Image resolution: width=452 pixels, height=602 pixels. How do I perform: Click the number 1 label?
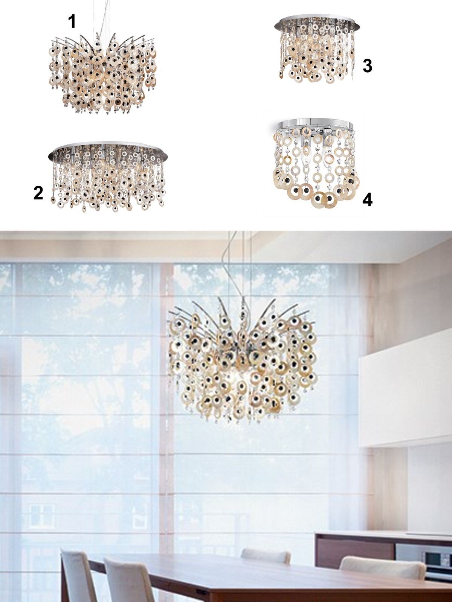pos(72,22)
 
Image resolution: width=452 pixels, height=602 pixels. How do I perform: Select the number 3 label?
pos(367,66)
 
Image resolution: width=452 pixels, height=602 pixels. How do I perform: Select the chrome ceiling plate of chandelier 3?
pos(317,24)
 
